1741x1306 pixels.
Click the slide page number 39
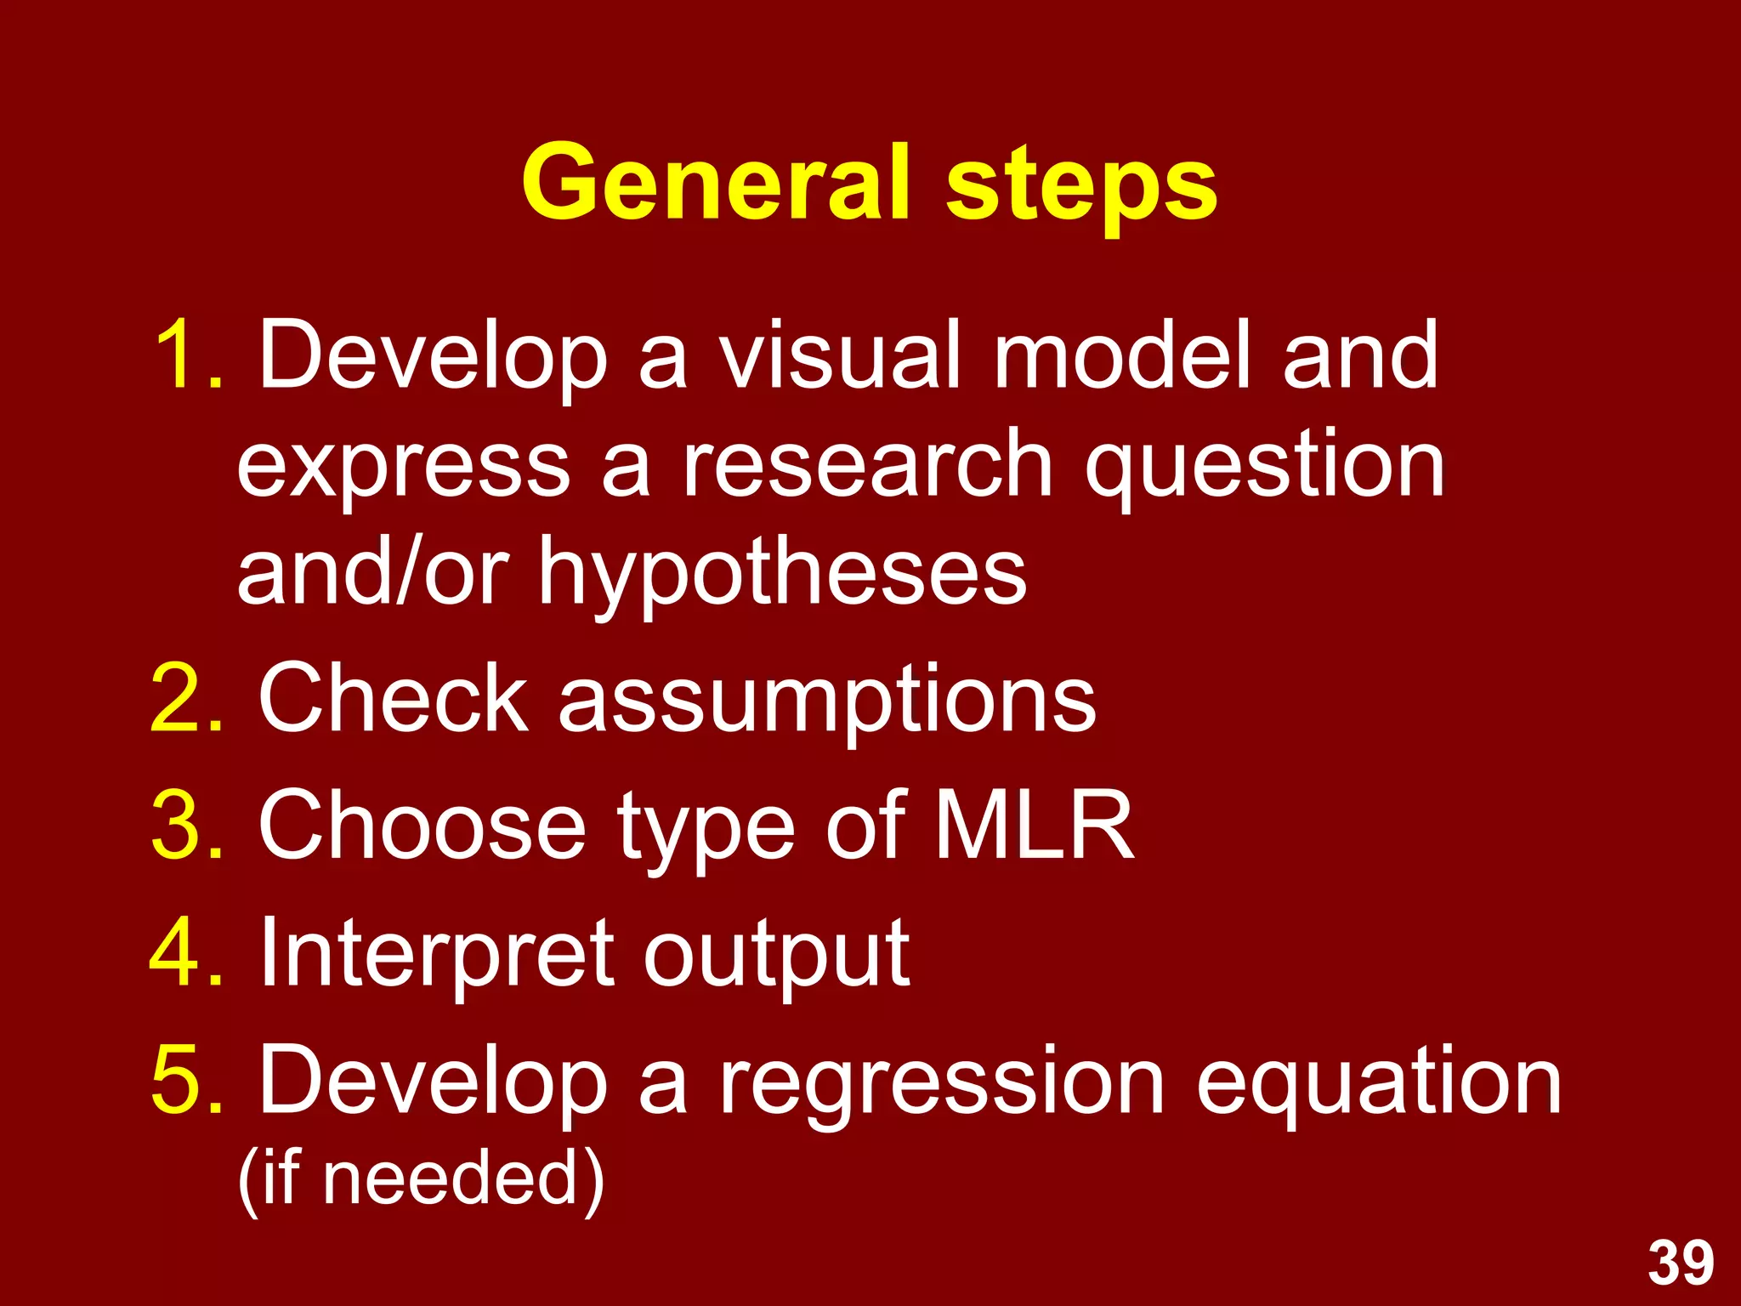click(x=1681, y=1263)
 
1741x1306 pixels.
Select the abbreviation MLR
click(x=1033, y=824)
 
